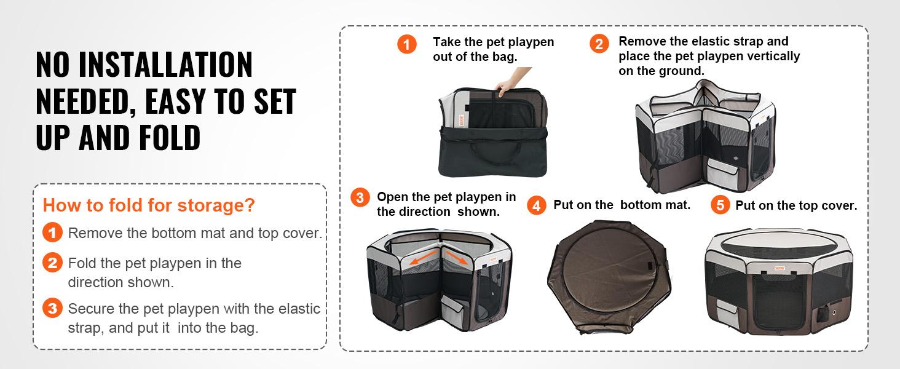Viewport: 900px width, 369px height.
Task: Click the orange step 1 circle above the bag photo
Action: [406, 44]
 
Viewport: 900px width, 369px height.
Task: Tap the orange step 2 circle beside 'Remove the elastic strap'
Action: [599, 44]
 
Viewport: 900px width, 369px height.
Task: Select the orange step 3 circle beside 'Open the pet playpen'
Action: [360, 198]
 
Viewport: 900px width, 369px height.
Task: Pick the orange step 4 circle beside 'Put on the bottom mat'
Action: [537, 205]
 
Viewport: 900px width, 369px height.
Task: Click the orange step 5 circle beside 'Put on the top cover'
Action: [720, 205]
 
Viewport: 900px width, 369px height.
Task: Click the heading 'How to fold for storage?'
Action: [149, 205]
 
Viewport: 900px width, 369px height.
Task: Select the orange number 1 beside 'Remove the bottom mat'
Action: [53, 233]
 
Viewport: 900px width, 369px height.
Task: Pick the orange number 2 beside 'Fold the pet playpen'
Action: [53, 263]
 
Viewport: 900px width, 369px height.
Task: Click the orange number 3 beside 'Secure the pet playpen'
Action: [53, 309]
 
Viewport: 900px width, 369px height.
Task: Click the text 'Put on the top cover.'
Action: [796, 206]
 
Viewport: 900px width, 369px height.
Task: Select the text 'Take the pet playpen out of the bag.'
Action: [493, 49]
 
